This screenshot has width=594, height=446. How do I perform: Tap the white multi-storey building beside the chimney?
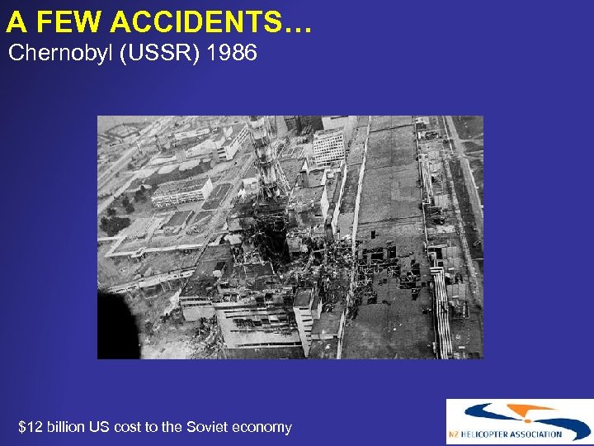point(328,145)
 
